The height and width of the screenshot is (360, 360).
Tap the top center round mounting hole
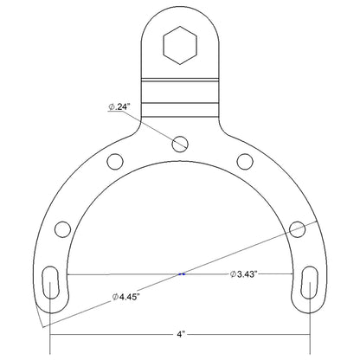(180, 142)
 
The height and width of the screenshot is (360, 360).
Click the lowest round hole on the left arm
(61, 229)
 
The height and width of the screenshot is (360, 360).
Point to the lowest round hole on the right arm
(298, 229)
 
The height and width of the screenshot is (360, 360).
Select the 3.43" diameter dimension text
(249, 274)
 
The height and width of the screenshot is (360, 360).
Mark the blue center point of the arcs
(180, 274)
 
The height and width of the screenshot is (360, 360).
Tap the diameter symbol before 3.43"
(233, 274)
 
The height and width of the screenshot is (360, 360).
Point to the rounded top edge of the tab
(180, 11)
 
